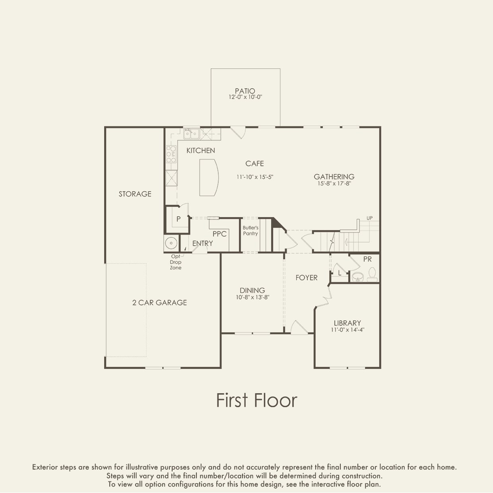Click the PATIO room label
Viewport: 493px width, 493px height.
click(245, 91)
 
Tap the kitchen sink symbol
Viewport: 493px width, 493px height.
click(191, 134)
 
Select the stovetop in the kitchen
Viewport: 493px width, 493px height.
click(171, 154)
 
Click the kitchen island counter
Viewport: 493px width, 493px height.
click(209, 178)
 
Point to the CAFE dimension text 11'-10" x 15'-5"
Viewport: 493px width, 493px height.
click(255, 177)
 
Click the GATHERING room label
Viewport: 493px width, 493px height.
click(334, 177)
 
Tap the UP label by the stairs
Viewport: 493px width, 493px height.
click(369, 218)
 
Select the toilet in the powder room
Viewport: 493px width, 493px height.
click(372, 274)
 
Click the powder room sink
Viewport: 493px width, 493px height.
click(358, 277)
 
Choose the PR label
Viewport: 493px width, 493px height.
click(367, 259)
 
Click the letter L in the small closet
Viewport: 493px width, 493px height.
click(340, 273)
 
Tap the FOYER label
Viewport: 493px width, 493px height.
click(307, 278)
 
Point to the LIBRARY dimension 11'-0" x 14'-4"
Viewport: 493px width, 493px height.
click(347, 330)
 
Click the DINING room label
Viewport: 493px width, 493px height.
click(252, 290)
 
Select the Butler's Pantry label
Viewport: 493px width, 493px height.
click(250, 231)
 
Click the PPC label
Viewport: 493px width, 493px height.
click(219, 234)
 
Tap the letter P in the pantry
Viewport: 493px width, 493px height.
click(179, 219)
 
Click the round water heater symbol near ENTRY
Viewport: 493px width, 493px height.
click(171, 243)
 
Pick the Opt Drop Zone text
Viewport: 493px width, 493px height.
click(176, 262)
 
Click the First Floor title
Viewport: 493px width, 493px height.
click(256, 400)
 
